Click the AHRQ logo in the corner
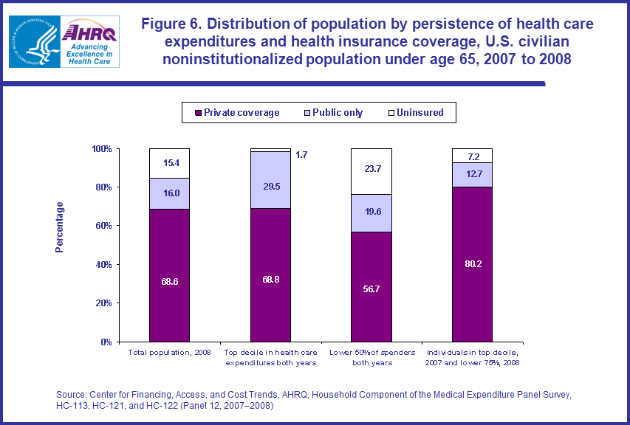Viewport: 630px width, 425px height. pos(66,41)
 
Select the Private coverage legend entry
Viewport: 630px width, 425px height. pos(236,113)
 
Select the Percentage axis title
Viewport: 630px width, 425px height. pos(60,227)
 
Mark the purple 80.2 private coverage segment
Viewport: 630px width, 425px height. pos(473,264)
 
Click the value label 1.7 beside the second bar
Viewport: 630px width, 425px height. pos(301,155)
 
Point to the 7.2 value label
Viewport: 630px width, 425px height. pos(473,156)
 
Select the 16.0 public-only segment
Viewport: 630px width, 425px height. pos(169,193)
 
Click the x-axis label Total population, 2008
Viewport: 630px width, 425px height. pos(169,352)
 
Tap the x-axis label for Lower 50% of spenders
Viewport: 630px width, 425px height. pos(372,357)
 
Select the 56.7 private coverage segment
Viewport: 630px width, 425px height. pos(372,287)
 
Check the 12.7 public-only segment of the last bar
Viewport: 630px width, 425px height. pos(473,175)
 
